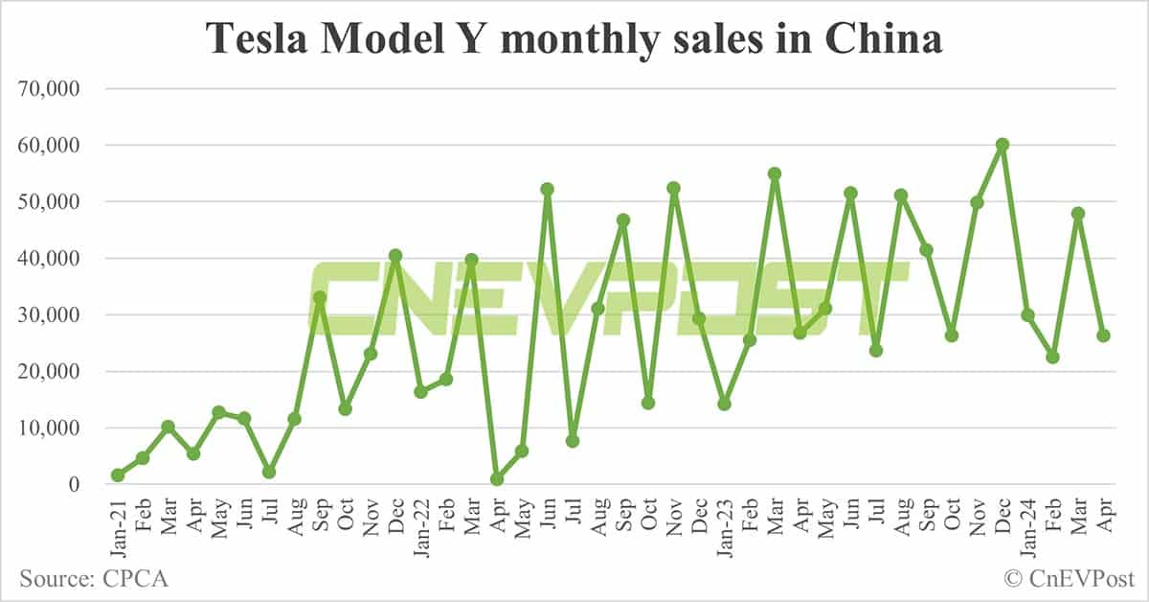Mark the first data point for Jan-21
tap(118, 475)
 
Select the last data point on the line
tap(1103, 336)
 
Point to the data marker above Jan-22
tap(421, 391)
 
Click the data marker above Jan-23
tap(724, 404)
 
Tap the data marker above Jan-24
tap(1027, 315)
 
